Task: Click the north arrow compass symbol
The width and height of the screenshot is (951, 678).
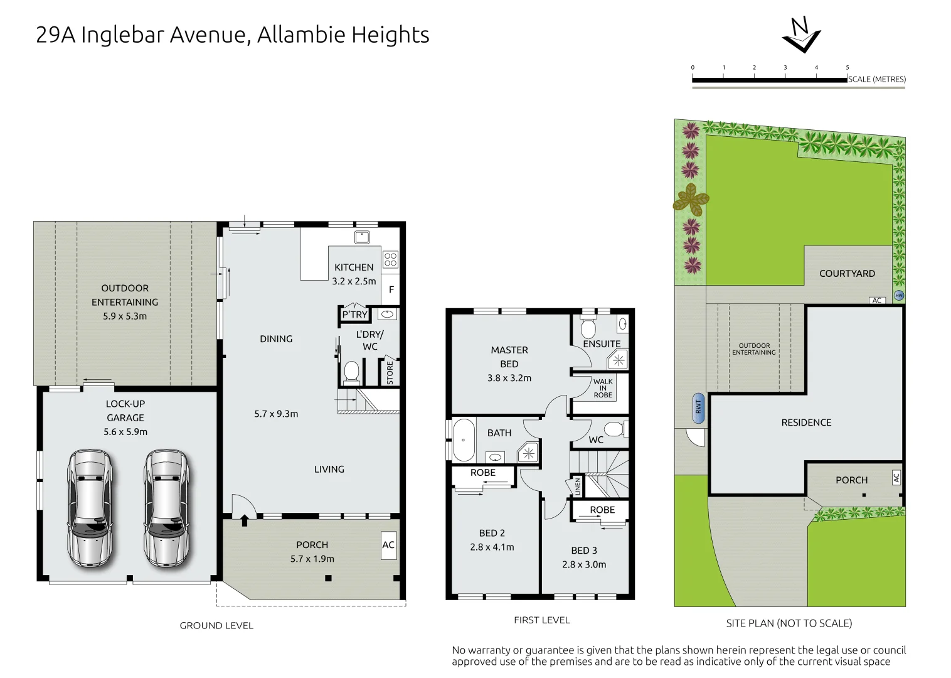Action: [801, 36]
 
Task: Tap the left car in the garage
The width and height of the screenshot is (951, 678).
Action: [90, 508]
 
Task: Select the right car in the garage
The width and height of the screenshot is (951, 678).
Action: [166, 508]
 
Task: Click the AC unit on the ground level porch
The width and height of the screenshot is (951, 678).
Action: [388, 545]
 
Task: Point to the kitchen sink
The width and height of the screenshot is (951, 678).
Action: [361, 237]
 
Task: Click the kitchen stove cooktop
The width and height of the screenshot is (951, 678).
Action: [390, 259]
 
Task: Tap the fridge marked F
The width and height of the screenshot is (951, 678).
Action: [391, 289]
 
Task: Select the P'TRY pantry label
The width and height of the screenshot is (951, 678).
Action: [354, 315]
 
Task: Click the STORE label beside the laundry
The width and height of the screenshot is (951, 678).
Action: [390, 372]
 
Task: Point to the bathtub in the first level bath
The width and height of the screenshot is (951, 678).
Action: [464, 440]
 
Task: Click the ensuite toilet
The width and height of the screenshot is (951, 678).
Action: [588, 328]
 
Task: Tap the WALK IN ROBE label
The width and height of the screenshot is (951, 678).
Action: [603, 388]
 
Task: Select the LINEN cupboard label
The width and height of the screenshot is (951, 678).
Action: [577, 487]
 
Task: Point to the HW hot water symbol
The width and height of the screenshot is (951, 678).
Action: [899, 295]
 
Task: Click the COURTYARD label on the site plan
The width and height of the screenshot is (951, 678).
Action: [847, 274]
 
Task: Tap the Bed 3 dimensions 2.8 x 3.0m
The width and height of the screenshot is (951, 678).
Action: [584, 564]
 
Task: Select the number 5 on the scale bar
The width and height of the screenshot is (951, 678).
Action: [847, 68]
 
